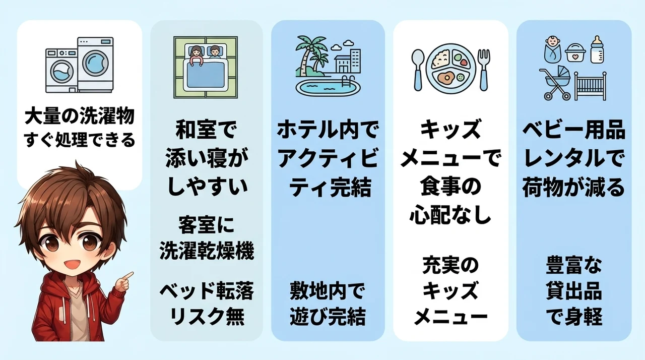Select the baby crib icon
tap(590, 86)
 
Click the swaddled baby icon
tap(553, 49)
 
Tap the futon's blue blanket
tap(205, 75)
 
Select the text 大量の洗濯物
tap(80, 116)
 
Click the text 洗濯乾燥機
tap(207, 251)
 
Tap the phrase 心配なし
tap(450, 215)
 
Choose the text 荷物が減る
tap(573, 187)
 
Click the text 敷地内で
tap(328, 291)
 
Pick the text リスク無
tap(207, 316)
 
